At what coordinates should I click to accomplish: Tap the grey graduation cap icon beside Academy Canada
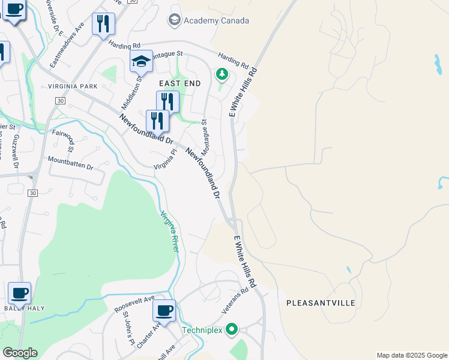(175, 20)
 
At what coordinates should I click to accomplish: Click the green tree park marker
(222, 74)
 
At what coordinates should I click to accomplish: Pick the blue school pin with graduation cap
(141, 62)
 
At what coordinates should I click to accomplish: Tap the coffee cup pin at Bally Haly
(20, 294)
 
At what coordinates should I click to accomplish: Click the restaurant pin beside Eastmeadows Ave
(104, 24)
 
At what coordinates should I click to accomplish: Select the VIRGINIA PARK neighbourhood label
(72, 86)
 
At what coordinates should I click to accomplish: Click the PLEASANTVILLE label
(321, 303)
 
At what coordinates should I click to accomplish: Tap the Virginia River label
(169, 230)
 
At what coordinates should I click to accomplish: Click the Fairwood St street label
(62, 140)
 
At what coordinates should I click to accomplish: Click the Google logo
(20, 353)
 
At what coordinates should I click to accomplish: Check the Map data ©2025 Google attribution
(412, 355)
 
